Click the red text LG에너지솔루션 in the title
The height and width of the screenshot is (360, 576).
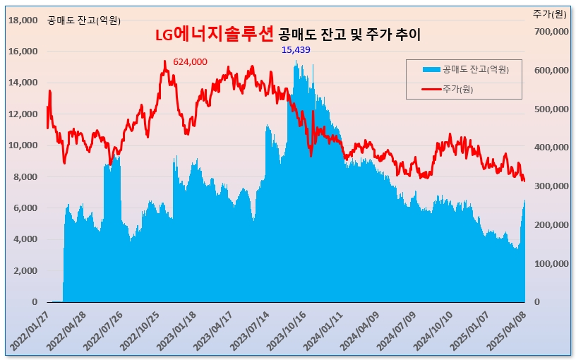(x=214, y=35)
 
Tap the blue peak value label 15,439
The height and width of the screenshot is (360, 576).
(x=296, y=49)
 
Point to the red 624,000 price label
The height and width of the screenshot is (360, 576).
(x=190, y=62)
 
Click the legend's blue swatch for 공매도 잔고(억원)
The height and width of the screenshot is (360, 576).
(x=431, y=69)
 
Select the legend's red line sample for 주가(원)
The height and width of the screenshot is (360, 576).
(x=431, y=89)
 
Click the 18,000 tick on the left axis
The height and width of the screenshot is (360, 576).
(x=23, y=20)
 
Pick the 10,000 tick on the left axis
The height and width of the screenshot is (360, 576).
(x=23, y=145)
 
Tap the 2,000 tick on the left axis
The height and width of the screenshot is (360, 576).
(x=25, y=271)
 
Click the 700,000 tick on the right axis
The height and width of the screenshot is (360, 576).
(x=552, y=32)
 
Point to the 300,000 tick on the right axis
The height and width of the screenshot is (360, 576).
(x=552, y=186)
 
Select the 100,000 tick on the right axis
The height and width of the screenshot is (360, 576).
(x=552, y=264)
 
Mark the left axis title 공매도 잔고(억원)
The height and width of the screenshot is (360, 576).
(x=84, y=20)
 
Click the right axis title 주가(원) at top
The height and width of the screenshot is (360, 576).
(x=550, y=14)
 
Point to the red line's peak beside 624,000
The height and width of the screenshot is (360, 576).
(x=165, y=61)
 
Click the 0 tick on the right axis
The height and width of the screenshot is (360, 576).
(x=536, y=302)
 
